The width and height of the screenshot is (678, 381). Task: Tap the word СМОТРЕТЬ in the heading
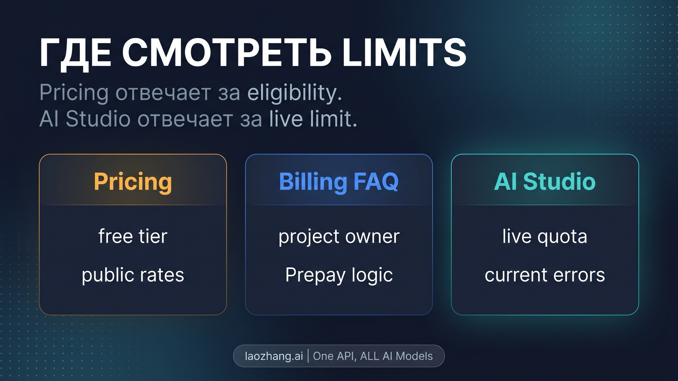coord(227,53)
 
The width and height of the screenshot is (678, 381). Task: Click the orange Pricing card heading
coord(133,182)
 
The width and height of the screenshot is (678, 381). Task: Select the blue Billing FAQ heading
coord(339,182)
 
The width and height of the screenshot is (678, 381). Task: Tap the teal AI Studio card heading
coord(545,182)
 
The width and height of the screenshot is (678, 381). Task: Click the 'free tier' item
coord(133,236)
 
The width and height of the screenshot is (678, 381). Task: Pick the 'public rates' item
coord(133,275)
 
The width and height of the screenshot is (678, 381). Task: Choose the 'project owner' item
coord(339,236)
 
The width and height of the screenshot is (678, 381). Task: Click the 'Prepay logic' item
coord(339,275)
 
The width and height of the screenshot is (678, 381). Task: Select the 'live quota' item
coord(545,236)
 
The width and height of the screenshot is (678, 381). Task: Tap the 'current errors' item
coord(545,275)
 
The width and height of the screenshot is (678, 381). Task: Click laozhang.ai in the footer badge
coord(274,356)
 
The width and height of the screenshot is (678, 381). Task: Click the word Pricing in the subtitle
coord(74,93)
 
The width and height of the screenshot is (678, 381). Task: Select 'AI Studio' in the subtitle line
coord(85,119)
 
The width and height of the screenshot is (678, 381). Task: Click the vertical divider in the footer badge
coord(308,356)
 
